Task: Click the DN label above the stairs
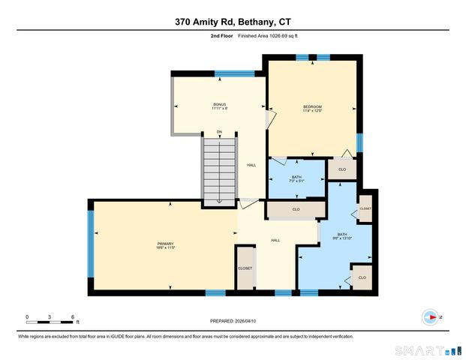click(219, 133)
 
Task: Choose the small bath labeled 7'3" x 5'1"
click(296, 179)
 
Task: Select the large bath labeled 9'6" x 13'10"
click(342, 236)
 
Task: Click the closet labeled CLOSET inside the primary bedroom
click(245, 268)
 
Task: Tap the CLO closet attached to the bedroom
click(342, 170)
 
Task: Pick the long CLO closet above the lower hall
click(296, 210)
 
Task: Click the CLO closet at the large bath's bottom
click(362, 277)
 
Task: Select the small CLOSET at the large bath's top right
click(365, 209)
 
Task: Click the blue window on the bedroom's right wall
click(359, 142)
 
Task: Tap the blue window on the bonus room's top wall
click(228, 73)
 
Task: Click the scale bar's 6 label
click(72, 316)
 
